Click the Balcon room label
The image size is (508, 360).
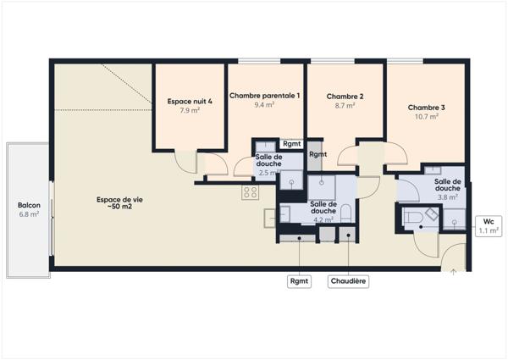pos(29,205)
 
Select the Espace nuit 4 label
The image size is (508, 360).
pos(190,101)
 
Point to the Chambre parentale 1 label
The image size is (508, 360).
pos(263,96)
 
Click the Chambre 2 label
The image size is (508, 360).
pos(345,97)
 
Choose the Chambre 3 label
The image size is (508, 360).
pos(426,108)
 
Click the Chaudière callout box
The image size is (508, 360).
pos(348,281)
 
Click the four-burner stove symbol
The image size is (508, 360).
pos(250,192)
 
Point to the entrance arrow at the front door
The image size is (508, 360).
pos(454,271)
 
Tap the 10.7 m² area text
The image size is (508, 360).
pos(426,117)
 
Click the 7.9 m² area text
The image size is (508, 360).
pos(190,110)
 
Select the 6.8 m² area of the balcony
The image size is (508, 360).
pos(29,214)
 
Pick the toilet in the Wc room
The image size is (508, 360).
pos(416,219)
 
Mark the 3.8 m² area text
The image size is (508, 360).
pos(448,197)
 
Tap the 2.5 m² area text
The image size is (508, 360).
pos(268,173)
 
